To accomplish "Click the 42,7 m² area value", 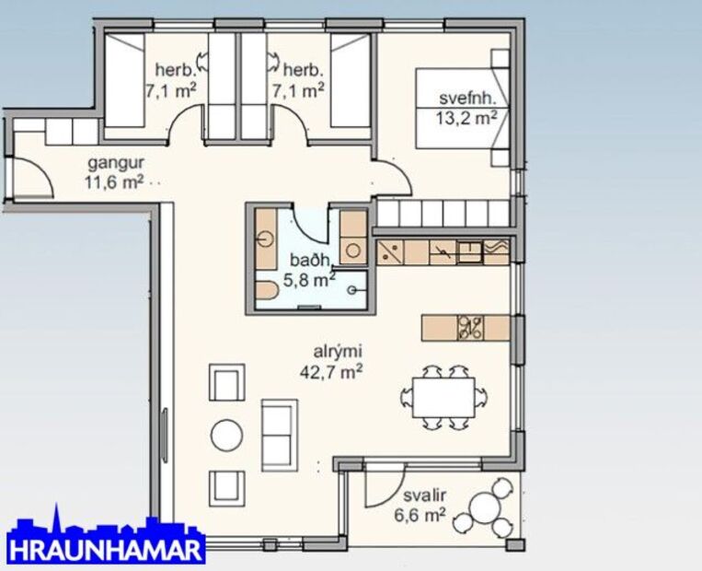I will point(331,372).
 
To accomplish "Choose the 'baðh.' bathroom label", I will point(301,259).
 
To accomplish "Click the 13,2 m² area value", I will point(467,117).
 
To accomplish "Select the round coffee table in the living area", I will point(227,435).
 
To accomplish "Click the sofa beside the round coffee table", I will point(280,433).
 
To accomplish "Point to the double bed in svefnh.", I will point(460,107).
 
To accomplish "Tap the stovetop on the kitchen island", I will point(470,327).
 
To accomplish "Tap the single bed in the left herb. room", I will point(123,82).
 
